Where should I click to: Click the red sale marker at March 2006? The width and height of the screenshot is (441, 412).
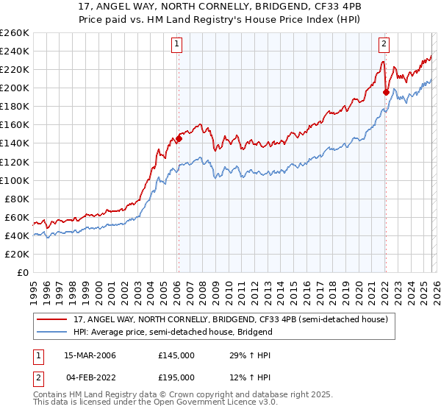(x=179, y=138)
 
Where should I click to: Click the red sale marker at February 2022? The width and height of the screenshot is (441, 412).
(x=386, y=92)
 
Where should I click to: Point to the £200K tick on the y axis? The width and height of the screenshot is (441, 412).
(x=15, y=88)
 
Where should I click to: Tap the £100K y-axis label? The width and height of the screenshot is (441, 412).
(x=15, y=180)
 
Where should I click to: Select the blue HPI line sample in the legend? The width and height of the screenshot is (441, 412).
(x=52, y=333)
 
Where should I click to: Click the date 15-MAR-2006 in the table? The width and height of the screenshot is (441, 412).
(x=90, y=355)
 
